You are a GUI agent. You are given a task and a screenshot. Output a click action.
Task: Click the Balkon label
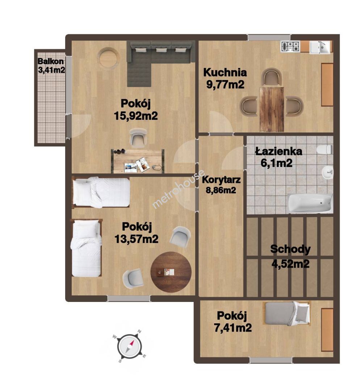point(51,61)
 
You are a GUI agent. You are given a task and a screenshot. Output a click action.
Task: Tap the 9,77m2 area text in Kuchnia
point(225,84)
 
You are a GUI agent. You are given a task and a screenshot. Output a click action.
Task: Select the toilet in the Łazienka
point(325,150)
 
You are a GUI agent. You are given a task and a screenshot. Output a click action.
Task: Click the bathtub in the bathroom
point(310,203)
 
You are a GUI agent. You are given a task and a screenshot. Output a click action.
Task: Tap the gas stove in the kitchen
point(290,47)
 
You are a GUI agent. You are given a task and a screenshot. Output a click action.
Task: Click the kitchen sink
point(320,47)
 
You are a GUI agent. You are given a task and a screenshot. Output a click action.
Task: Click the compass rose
point(130,346)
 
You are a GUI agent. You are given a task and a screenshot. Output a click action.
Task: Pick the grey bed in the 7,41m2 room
point(288,313)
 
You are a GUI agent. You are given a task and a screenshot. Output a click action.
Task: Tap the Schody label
point(290,249)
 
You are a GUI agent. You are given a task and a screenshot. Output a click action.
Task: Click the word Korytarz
point(221,180)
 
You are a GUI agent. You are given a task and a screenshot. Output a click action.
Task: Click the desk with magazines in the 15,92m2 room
point(138,161)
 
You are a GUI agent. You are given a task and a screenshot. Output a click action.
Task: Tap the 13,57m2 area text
point(137,239)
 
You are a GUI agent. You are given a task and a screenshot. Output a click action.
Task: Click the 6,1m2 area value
point(276,163)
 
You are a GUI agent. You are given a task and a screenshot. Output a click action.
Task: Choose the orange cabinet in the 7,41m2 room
point(327,330)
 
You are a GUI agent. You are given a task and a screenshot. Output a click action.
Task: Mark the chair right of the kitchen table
point(294,106)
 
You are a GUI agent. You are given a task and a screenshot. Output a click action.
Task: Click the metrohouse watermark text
point(179,189)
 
